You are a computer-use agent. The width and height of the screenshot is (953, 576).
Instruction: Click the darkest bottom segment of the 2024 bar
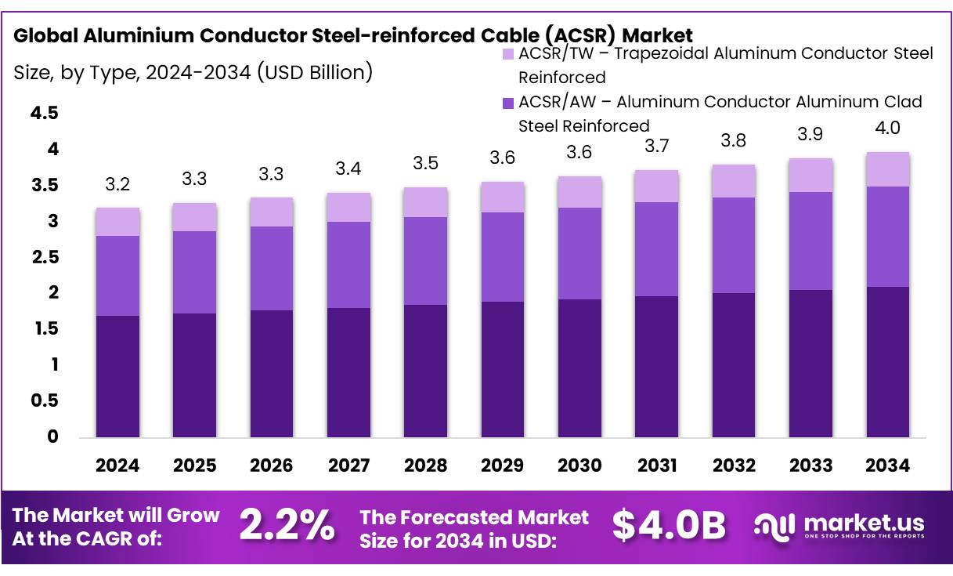(x=117, y=376)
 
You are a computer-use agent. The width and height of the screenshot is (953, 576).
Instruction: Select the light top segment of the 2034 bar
(x=887, y=169)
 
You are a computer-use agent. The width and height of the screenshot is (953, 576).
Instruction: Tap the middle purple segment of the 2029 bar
(x=503, y=257)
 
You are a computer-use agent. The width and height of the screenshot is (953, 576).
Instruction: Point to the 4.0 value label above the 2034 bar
(x=887, y=129)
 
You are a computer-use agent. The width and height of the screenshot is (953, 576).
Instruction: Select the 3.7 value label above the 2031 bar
(x=656, y=146)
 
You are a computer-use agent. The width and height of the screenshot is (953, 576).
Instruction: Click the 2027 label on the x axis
(x=348, y=466)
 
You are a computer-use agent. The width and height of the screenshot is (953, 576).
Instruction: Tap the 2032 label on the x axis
(x=734, y=466)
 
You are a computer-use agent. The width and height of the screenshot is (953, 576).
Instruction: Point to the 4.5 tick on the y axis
(x=44, y=114)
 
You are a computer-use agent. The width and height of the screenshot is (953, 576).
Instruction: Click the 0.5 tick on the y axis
(x=44, y=401)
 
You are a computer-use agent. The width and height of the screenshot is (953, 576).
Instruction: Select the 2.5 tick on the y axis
(x=44, y=258)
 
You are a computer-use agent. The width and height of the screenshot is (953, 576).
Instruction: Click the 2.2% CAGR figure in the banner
(x=286, y=525)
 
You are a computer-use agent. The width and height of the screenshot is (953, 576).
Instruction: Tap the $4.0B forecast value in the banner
(x=669, y=525)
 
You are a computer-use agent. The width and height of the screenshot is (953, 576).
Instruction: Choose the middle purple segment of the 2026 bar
(x=272, y=268)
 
